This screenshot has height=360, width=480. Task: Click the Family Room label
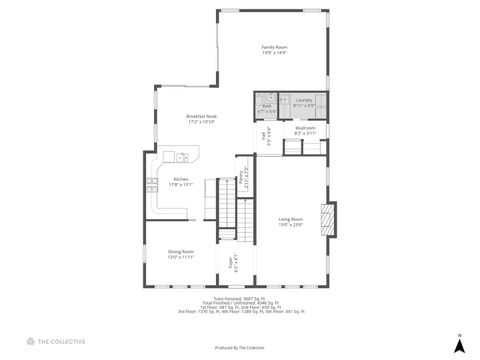tap(274, 47)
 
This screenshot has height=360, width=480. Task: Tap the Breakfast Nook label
tap(201, 116)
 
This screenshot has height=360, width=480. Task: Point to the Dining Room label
tap(180, 251)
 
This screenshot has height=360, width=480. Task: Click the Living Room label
tap(291, 219)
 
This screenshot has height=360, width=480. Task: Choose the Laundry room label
tap(304, 100)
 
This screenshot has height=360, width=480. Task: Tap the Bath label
tap(267, 105)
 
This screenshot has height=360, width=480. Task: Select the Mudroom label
tap(306, 127)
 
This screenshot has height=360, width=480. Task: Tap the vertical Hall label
tap(267, 136)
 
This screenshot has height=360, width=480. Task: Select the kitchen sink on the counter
tap(183, 157)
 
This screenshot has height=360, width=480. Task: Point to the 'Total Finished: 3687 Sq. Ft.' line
tap(240, 298)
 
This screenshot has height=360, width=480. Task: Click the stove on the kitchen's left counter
tap(151, 183)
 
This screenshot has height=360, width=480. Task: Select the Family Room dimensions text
tap(274, 53)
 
